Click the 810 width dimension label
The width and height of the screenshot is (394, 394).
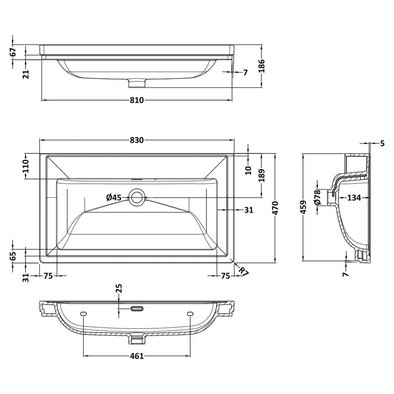[136, 100]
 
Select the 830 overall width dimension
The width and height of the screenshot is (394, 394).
[136, 140]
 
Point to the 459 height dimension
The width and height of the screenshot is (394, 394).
[304, 208]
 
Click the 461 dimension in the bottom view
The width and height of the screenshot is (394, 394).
[136, 356]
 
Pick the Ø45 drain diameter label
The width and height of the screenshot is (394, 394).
[114, 197]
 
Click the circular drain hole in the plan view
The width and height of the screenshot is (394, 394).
[136, 197]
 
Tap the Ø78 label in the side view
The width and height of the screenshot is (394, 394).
[318, 197]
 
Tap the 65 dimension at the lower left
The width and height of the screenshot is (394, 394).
[13, 255]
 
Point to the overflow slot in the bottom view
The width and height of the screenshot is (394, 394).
[136, 309]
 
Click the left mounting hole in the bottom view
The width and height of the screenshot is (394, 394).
[83, 314]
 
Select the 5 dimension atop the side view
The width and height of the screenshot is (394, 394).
[382, 143]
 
